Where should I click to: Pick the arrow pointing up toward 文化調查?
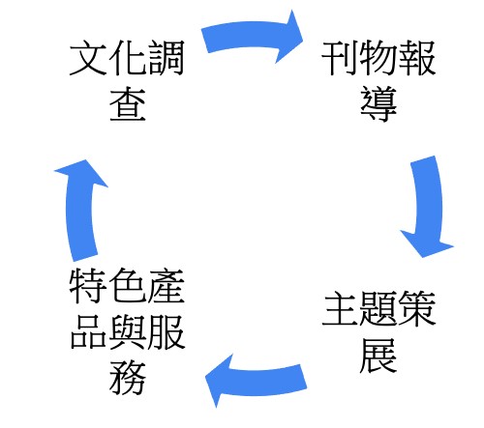(x=80, y=211)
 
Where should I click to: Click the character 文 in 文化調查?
(x=88, y=58)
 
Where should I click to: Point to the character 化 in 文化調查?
(x=127, y=58)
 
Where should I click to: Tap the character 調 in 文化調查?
(x=166, y=58)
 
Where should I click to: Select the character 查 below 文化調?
(x=128, y=103)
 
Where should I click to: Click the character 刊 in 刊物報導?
(x=340, y=58)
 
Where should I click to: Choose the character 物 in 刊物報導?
(x=378, y=58)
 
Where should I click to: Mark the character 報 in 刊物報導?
(x=417, y=58)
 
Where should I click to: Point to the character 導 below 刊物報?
(x=378, y=103)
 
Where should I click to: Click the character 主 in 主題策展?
(x=341, y=308)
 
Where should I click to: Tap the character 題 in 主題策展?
(x=378, y=308)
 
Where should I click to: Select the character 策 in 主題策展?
(x=417, y=308)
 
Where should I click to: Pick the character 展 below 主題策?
(x=378, y=355)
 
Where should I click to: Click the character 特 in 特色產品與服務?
(x=88, y=286)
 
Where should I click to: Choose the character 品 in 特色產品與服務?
(x=88, y=331)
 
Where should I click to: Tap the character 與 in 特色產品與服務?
(x=127, y=331)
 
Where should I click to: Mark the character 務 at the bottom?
(x=128, y=378)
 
